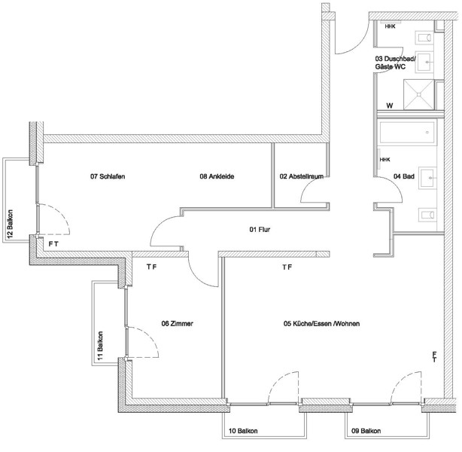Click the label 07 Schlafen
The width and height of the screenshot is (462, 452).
[108, 176]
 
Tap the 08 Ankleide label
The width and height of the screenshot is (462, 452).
[217, 176]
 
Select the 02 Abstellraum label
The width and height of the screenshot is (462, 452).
[302, 176]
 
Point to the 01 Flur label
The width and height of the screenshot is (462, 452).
[260, 229]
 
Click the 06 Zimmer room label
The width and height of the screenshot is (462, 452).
[177, 323]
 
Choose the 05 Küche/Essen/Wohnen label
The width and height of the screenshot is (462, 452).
[321, 323]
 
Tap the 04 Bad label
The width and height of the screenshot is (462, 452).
[404, 176]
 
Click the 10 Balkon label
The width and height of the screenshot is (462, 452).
[243, 431]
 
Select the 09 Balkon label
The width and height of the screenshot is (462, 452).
[366, 431]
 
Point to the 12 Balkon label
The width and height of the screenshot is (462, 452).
[11, 224]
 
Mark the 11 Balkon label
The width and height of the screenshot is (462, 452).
[101, 346]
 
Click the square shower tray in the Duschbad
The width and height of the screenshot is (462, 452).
[418, 94]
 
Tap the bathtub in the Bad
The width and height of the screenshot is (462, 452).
[407, 133]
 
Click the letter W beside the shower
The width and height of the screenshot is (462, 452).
[390, 105]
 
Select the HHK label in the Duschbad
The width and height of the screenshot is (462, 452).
[390, 26]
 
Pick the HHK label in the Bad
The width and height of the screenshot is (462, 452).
[384, 160]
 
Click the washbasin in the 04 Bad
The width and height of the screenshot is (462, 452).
[427, 179]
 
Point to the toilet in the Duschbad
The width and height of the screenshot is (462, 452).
[424, 38]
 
